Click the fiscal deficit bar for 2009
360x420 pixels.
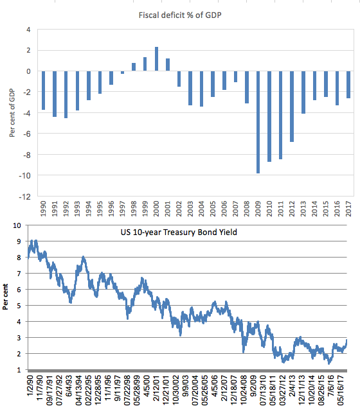(258, 122)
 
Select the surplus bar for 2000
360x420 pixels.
(157, 59)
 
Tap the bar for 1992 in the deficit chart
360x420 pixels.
(66, 94)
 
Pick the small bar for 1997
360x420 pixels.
(123, 73)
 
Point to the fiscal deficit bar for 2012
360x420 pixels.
(292, 107)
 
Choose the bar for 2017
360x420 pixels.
(348, 85)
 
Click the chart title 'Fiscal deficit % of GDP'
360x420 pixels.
(180, 15)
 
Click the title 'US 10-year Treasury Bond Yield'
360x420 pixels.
(179, 232)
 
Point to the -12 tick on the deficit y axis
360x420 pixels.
(24, 197)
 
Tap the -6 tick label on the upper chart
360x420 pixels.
(26, 134)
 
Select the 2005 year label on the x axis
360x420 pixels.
(213, 209)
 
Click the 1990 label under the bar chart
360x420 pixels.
(43, 209)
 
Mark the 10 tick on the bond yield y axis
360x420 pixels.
(17, 225)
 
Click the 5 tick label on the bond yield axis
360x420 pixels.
(19, 306)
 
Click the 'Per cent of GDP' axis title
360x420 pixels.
(12, 113)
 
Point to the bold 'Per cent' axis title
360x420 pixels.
(5, 297)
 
